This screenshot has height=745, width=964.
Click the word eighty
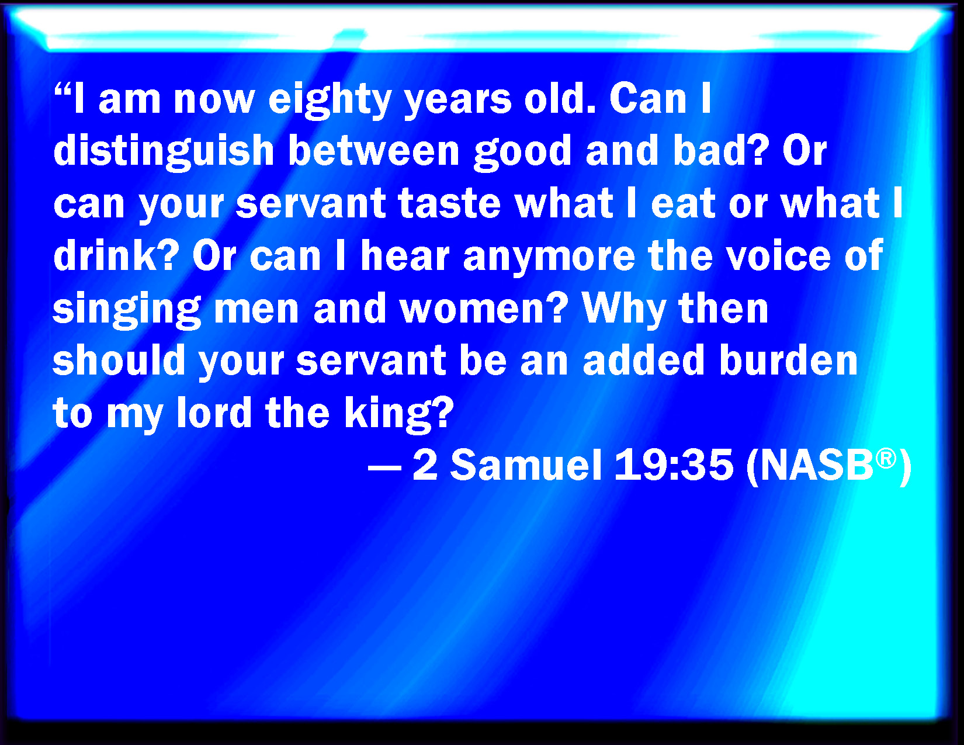(x=330, y=101)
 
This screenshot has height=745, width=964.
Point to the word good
(x=522, y=154)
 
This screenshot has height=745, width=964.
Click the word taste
(x=449, y=204)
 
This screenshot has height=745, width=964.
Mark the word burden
(x=788, y=360)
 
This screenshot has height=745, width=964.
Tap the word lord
(x=214, y=412)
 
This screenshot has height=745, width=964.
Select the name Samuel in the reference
(x=526, y=465)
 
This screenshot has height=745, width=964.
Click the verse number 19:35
(x=674, y=465)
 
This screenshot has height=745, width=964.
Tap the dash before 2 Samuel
(x=384, y=467)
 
